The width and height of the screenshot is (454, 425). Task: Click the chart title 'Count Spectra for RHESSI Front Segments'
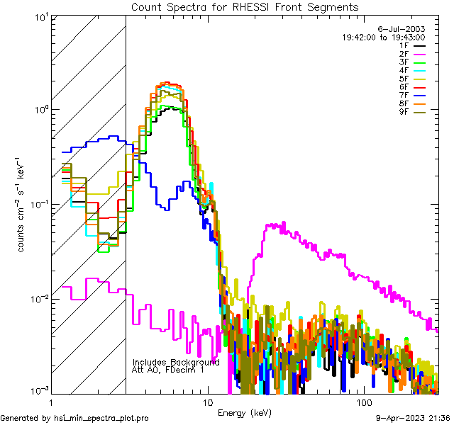click(245, 6)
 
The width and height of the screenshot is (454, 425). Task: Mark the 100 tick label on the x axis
click(364, 402)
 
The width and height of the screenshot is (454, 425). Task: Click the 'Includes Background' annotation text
click(176, 362)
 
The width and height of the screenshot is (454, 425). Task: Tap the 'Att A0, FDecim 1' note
click(167, 370)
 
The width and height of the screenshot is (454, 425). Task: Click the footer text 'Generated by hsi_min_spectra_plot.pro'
click(74, 418)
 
